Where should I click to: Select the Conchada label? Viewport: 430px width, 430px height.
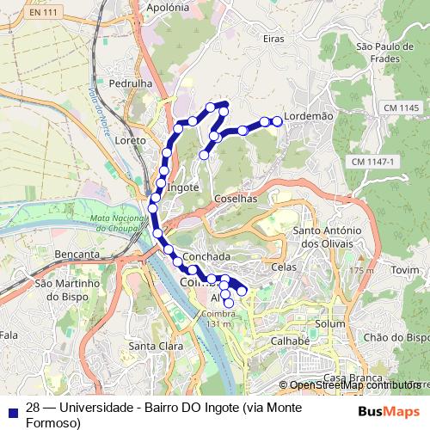coord(206,256)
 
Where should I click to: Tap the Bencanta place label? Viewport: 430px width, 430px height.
coord(76,255)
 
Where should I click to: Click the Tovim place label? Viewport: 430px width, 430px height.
coord(403,269)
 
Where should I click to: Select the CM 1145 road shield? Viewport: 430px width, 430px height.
coord(396,107)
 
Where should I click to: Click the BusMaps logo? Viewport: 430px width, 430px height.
coord(388,410)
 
